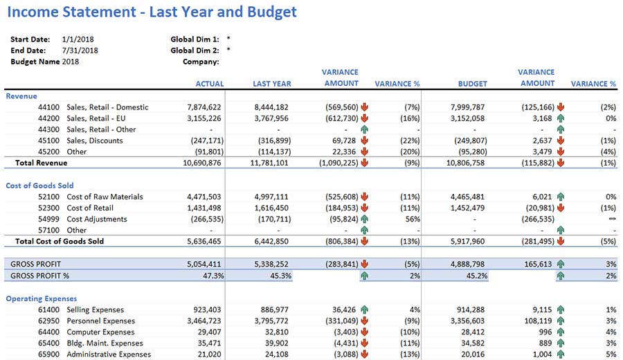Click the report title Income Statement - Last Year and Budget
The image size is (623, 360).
click(152, 12)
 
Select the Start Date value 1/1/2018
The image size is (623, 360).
click(80, 39)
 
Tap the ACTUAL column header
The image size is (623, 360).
click(210, 84)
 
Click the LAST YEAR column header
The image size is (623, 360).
click(271, 84)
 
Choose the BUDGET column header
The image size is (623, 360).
click(472, 84)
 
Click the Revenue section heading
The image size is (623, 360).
click(21, 96)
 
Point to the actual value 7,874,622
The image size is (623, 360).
click(204, 107)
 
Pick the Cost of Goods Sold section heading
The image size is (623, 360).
click(39, 186)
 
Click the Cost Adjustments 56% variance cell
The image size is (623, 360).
click(411, 219)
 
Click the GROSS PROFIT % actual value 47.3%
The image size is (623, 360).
click(210, 276)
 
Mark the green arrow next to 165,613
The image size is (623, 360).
click(561, 264)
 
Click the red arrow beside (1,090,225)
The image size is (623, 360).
click(365, 163)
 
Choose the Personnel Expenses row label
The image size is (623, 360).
click(100, 321)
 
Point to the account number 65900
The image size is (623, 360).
click(50, 354)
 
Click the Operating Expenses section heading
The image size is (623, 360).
click(40, 298)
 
